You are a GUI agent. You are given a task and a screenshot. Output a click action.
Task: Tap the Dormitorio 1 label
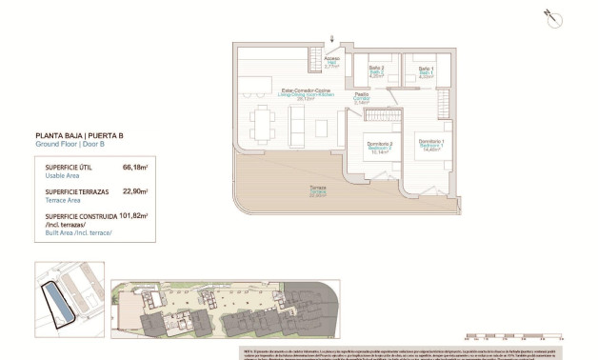pyautogui.click(x=431, y=146)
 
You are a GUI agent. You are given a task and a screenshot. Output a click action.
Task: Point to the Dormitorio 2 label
pyautogui.click(x=380, y=146)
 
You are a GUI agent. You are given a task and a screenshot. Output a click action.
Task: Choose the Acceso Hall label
pyautogui.click(x=331, y=63)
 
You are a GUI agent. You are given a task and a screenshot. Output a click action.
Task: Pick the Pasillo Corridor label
pyautogui.click(x=361, y=98)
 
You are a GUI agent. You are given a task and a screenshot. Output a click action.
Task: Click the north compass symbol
pyautogui.click(x=550, y=14)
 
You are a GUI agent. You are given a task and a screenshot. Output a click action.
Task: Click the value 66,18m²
pyautogui.click(x=136, y=167)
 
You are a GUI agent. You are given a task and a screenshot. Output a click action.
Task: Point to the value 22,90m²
pyautogui.click(x=136, y=190)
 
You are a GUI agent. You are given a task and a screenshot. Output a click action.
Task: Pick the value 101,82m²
pyautogui.click(x=133, y=216)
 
